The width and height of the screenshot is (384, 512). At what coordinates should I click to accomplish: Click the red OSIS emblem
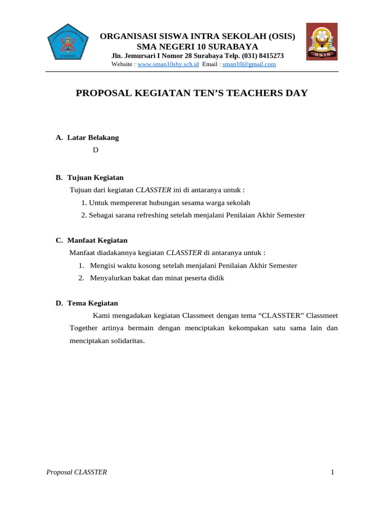321,41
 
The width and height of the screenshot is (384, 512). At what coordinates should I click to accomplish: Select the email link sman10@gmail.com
249,64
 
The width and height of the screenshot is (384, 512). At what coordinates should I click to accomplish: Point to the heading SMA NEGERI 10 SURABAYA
197,46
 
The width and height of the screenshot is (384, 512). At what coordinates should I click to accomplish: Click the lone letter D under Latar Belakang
95,150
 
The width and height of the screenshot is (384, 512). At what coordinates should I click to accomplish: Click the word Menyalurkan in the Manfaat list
108,278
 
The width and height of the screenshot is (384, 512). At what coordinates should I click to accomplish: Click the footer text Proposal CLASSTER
76,472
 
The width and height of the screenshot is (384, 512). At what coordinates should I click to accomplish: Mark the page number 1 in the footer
332,472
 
